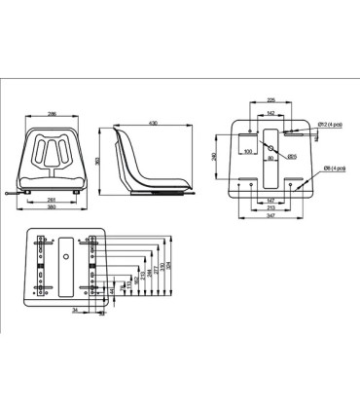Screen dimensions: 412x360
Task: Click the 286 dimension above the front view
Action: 51,115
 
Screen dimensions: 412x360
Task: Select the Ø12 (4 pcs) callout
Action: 332,125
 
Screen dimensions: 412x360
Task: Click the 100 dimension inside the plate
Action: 249,152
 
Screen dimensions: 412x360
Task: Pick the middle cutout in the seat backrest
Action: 51,150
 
